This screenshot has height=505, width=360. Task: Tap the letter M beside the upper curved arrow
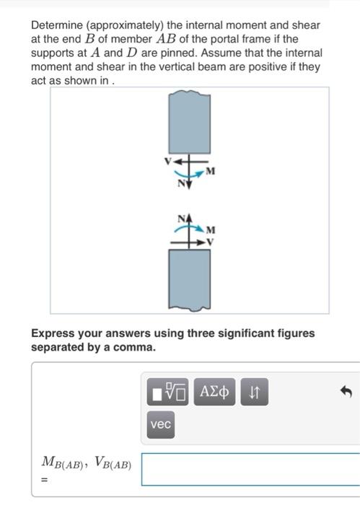click(x=210, y=171)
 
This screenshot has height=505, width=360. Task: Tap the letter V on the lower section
click(x=211, y=242)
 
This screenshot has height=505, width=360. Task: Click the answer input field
click(x=250, y=470)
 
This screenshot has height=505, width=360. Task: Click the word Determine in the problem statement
click(x=56, y=25)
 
